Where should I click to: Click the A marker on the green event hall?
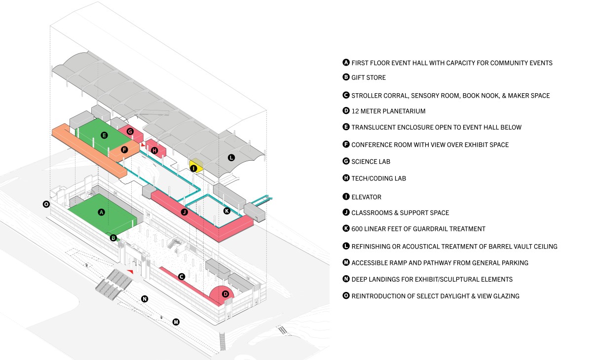[x=102, y=212]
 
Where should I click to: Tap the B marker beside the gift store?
[x=113, y=238]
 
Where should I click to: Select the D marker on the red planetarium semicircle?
[x=225, y=294]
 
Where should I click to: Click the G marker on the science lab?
[x=130, y=132]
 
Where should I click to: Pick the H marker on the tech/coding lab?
[x=154, y=150]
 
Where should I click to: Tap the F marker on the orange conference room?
[x=124, y=149]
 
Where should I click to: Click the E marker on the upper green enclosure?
[x=104, y=135]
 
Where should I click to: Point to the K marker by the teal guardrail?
[x=227, y=211]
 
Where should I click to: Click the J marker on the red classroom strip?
[x=184, y=213]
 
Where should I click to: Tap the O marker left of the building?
[x=46, y=204]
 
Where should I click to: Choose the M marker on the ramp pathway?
[x=176, y=322]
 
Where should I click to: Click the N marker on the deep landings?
[x=145, y=298]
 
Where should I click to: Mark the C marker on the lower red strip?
[x=182, y=277]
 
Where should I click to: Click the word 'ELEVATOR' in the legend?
[x=366, y=197]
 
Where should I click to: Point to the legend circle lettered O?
[x=346, y=296]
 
